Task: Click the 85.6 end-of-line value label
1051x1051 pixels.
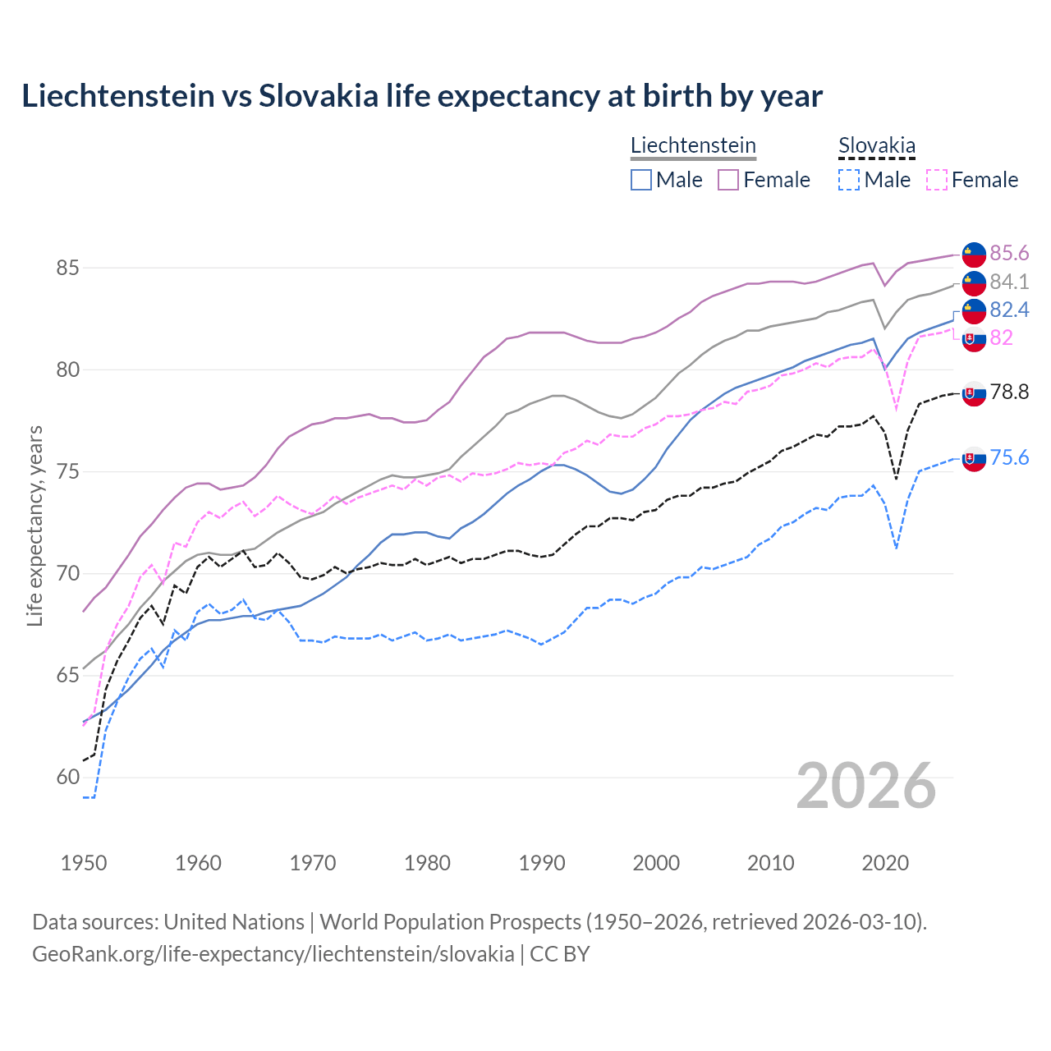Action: [1009, 253]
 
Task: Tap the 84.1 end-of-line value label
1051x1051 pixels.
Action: [1009, 282]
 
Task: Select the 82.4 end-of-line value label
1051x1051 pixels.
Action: [1009, 310]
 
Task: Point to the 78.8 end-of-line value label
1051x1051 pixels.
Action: [1009, 392]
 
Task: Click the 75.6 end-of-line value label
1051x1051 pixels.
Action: [1009, 457]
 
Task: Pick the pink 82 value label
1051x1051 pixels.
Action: [1001, 337]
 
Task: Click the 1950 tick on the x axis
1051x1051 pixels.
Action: [84, 863]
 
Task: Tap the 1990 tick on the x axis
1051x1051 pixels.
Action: [542, 863]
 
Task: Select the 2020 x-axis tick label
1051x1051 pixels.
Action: [885, 863]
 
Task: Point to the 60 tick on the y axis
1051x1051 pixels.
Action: [68, 777]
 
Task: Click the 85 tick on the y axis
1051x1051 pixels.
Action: [68, 268]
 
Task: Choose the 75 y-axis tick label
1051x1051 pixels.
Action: [68, 471]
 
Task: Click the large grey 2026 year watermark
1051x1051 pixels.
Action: [866, 786]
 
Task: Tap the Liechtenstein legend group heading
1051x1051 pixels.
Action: [693, 145]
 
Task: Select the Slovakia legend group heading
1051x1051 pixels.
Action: [876, 145]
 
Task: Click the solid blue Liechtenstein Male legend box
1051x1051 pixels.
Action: [641, 180]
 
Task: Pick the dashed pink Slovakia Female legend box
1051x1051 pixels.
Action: [937, 180]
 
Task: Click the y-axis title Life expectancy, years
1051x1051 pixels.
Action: [35, 525]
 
